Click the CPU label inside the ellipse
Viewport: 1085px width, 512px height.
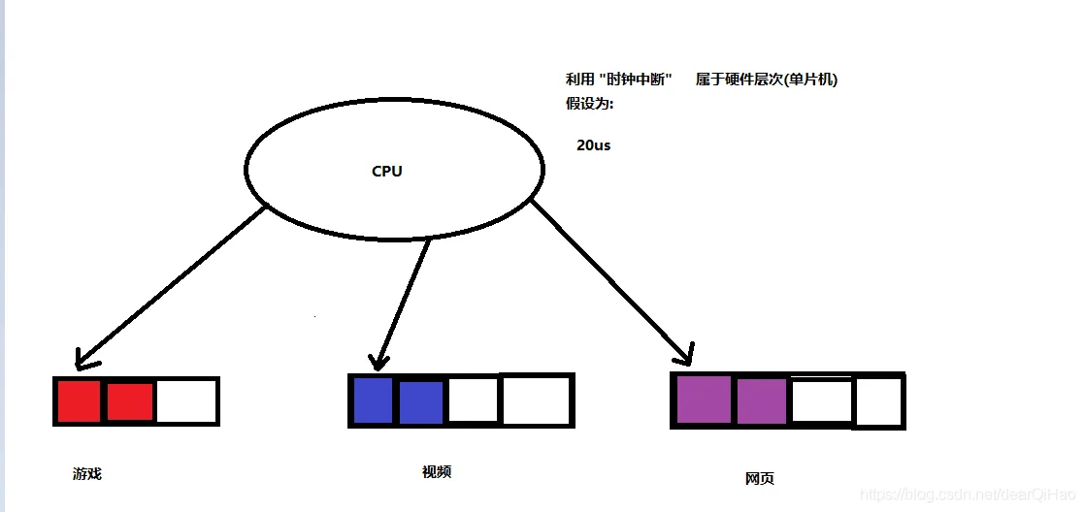pyautogui.click(x=386, y=172)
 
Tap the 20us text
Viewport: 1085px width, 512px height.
pyautogui.click(x=593, y=145)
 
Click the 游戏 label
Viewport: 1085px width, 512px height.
pyautogui.click(x=86, y=474)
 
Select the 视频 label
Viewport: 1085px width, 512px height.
pyautogui.click(x=437, y=472)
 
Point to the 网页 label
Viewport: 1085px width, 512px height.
pyautogui.click(x=760, y=479)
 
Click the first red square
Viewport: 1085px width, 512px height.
pyautogui.click(x=79, y=401)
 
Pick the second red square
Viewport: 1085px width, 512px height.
pyautogui.click(x=130, y=401)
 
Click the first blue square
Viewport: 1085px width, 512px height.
pyautogui.click(x=372, y=400)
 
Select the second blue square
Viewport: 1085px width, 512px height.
pyautogui.click(x=421, y=400)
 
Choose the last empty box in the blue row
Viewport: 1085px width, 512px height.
pyautogui.click(x=535, y=400)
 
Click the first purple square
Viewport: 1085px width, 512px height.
pyautogui.click(x=702, y=400)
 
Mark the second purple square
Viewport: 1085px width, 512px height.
pyautogui.click(x=762, y=400)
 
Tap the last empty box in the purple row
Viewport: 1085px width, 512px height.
pyautogui.click(x=879, y=401)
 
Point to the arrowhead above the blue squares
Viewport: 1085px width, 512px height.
pyautogui.click(x=378, y=359)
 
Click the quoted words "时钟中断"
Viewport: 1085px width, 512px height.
pyautogui.click(x=637, y=80)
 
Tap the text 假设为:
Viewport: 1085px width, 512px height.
pyautogui.click(x=590, y=104)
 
